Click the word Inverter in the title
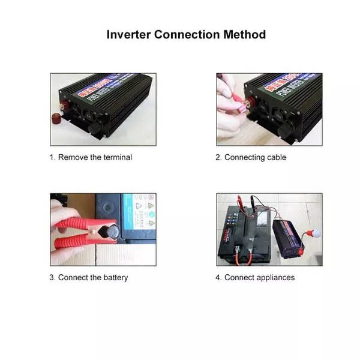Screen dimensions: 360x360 click(x=128, y=34)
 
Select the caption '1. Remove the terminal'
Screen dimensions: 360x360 click(x=91, y=157)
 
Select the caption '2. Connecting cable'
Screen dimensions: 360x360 click(x=251, y=157)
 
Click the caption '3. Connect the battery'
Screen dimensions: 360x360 click(x=89, y=277)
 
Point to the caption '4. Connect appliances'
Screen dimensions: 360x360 click(x=255, y=277)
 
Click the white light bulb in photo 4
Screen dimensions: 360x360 click(x=314, y=233)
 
